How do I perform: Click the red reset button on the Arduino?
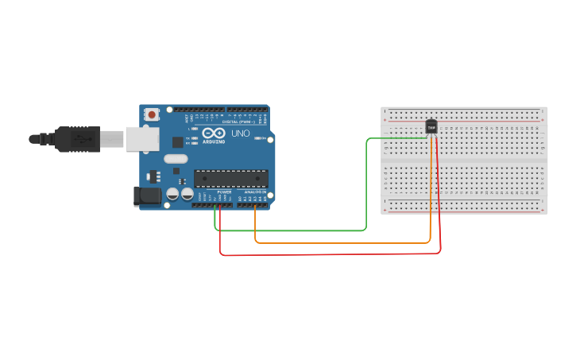click(x=152, y=114)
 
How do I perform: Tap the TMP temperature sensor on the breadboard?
click(x=431, y=126)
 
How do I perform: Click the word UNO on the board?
click(x=240, y=134)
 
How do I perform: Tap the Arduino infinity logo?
click(x=213, y=134)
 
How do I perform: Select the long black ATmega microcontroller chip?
click(x=231, y=178)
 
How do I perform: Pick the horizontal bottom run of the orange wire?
click(x=342, y=242)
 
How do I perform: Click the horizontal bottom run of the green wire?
click(x=290, y=230)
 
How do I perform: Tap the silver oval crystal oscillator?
click(x=176, y=159)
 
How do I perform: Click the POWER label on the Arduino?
click(x=224, y=192)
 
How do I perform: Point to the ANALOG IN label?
click(x=255, y=192)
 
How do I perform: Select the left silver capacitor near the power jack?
click(x=172, y=194)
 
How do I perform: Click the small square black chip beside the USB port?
click(x=178, y=142)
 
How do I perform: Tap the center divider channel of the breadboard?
click(x=464, y=161)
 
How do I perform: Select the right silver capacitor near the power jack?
click(x=187, y=194)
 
